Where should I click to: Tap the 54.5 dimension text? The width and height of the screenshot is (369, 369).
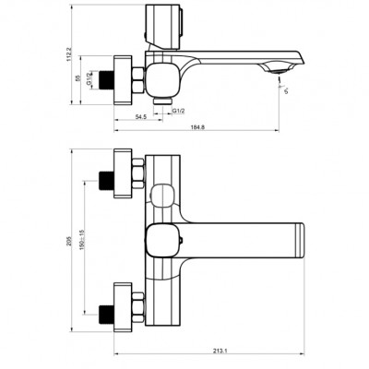point(141,119)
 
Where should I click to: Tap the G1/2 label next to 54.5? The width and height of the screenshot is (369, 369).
point(179,112)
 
